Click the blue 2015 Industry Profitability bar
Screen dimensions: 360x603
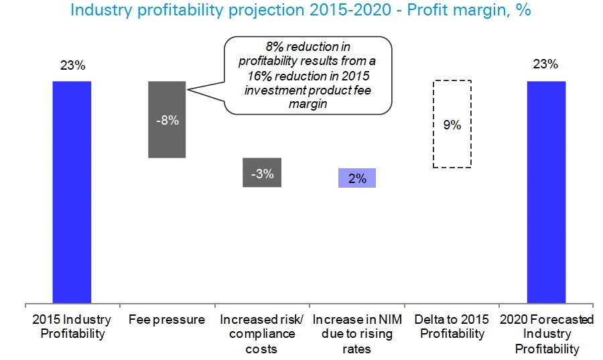point(72,191)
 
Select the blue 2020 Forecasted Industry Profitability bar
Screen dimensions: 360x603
point(546,191)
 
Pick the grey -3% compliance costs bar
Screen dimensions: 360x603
point(262,173)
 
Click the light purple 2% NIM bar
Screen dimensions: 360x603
point(357,178)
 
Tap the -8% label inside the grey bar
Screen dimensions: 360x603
point(167,121)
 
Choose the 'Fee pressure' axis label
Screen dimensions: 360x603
point(167,320)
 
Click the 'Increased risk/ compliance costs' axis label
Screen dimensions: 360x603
point(262,334)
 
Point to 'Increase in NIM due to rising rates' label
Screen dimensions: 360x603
point(357,334)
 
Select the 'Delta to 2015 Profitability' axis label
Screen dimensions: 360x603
point(452,326)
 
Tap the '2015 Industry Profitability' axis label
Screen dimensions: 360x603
point(72,326)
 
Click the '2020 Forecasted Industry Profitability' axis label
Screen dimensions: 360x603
point(546,334)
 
